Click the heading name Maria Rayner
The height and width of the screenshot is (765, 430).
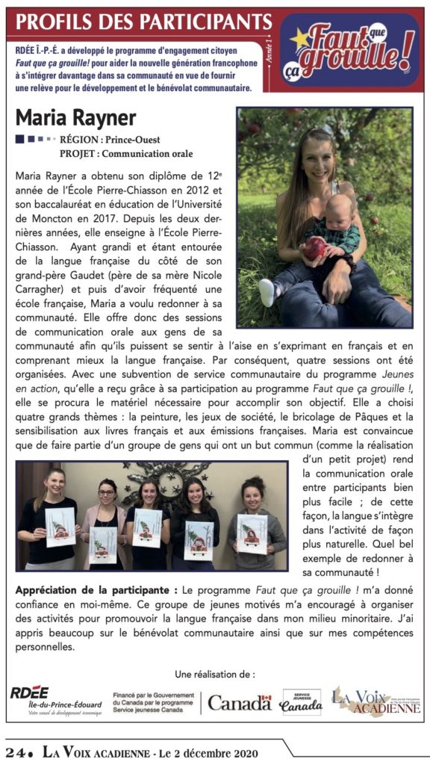[75, 118]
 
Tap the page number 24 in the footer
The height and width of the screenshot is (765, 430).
[16, 751]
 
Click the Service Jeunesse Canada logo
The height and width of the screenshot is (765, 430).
[301, 701]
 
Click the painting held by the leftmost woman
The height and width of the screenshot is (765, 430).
[60, 525]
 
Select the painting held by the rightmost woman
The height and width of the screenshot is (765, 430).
[252, 532]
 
